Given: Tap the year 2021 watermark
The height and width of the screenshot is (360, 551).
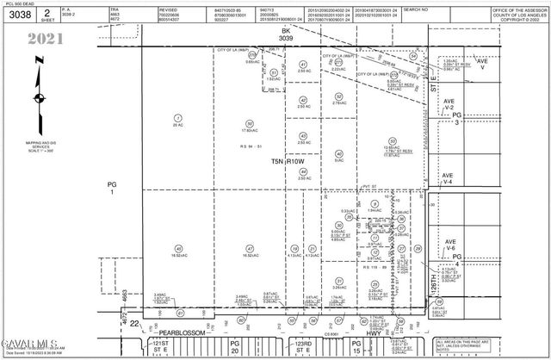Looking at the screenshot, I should (45, 39).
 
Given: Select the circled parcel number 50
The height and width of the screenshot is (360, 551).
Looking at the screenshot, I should (250, 124).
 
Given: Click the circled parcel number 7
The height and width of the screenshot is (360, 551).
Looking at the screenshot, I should (178, 118).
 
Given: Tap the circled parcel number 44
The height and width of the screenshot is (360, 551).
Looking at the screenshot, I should (303, 171).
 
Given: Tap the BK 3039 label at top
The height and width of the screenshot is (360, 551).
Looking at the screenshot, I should (286, 34).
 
